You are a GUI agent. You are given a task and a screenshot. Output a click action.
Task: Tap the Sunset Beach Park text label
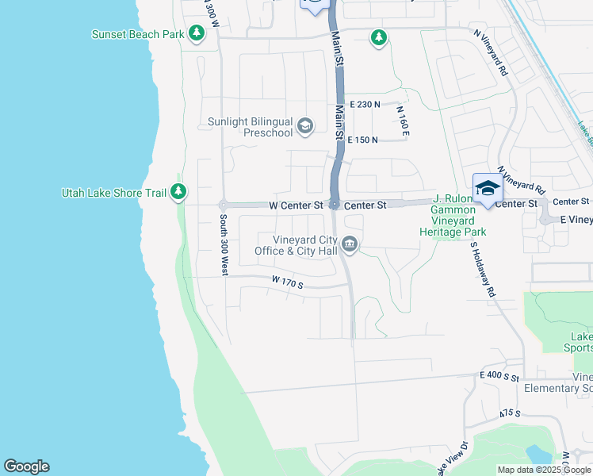pyautogui.click(x=138, y=34)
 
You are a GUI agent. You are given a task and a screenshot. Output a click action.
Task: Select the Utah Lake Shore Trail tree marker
pyautogui.click(x=179, y=192)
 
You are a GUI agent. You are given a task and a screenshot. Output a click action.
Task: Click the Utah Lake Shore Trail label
pyautogui.click(x=115, y=193)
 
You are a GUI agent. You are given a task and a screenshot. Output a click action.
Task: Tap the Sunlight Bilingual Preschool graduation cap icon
pyautogui.click(x=304, y=126)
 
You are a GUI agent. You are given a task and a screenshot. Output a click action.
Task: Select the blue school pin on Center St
pyautogui.click(x=488, y=189)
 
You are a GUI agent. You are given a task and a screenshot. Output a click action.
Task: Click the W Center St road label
pyautogui.click(x=296, y=205)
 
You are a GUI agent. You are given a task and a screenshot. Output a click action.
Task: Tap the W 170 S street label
pyautogui.click(x=287, y=282)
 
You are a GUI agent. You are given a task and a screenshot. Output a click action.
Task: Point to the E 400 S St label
pyautogui.click(x=499, y=376)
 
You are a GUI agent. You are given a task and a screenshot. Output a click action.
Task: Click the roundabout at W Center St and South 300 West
pyautogui.click(x=224, y=205)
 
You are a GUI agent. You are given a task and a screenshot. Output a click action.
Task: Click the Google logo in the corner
pyautogui.click(x=26, y=466)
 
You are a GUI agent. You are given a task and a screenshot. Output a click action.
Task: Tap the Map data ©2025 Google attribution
pyautogui.click(x=544, y=470)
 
